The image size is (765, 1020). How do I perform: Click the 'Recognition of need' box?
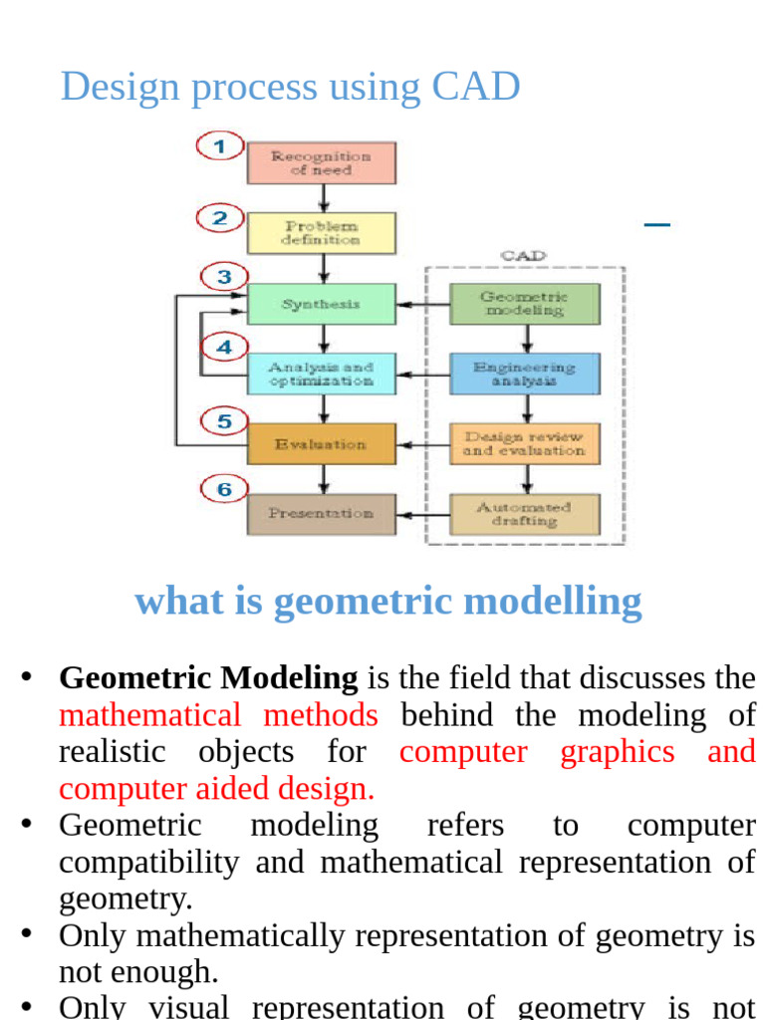(x=321, y=163)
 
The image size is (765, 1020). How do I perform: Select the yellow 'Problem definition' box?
(x=321, y=233)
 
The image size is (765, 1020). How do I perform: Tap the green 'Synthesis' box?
(x=321, y=305)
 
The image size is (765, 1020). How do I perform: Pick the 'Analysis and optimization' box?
(x=321, y=375)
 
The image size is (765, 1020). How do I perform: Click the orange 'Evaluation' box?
(x=321, y=444)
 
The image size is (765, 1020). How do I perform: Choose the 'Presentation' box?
(x=321, y=514)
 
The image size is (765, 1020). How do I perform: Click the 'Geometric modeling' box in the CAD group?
(x=525, y=305)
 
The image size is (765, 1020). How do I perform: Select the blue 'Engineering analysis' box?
(x=525, y=375)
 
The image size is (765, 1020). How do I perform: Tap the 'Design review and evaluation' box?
(x=525, y=444)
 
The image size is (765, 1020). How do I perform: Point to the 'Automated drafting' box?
(x=525, y=514)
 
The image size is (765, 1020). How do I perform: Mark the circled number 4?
(x=225, y=348)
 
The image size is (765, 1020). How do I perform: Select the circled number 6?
(x=225, y=489)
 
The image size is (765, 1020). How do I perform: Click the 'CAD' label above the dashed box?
(x=523, y=256)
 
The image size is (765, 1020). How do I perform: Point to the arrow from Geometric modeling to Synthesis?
(x=422, y=305)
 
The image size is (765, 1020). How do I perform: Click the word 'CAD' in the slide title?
(x=475, y=87)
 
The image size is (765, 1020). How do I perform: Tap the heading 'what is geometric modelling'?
(x=387, y=602)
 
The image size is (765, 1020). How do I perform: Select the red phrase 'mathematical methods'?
(x=218, y=715)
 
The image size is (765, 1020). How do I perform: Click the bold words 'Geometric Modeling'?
(x=208, y=678)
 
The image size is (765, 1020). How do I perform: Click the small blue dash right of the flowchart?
(x=656, y=224)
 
